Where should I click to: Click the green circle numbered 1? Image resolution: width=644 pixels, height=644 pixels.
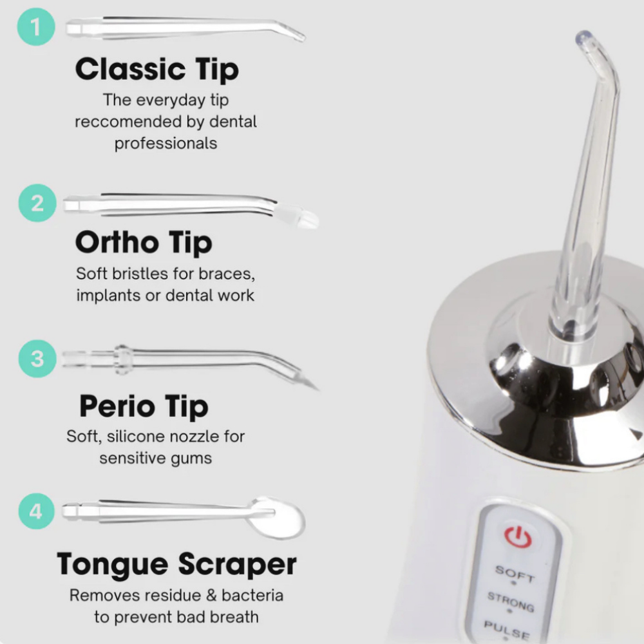click(36, 26)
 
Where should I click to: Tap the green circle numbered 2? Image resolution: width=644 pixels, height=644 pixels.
click(37, 203)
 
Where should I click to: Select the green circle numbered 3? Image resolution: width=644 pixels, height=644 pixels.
click(37, 359)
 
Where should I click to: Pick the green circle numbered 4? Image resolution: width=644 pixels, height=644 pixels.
click(37, 511)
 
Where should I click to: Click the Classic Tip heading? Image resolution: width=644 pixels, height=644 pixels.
click(157, 70)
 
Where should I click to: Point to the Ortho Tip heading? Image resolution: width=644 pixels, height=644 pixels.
click(144, 242)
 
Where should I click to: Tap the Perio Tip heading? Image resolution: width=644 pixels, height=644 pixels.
click(144, 406)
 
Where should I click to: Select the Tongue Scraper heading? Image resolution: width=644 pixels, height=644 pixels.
click(176, 564)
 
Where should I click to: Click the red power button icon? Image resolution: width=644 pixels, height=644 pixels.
click(518, 536)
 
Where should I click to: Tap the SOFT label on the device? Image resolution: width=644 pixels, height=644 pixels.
click(515, 573)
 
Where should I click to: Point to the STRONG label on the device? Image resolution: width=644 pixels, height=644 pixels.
click(511, 601)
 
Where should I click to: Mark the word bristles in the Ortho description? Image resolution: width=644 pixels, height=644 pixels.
click(140, 274)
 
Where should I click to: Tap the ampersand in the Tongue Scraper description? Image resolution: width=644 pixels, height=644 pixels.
click(211, 596)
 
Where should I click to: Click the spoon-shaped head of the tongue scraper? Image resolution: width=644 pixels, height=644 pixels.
click(277, 518)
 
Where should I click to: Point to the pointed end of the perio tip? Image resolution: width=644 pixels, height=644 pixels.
click(317, 388)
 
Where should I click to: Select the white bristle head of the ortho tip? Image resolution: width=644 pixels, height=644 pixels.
click(296, 216)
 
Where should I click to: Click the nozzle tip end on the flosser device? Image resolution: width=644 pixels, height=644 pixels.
click(583, 37)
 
